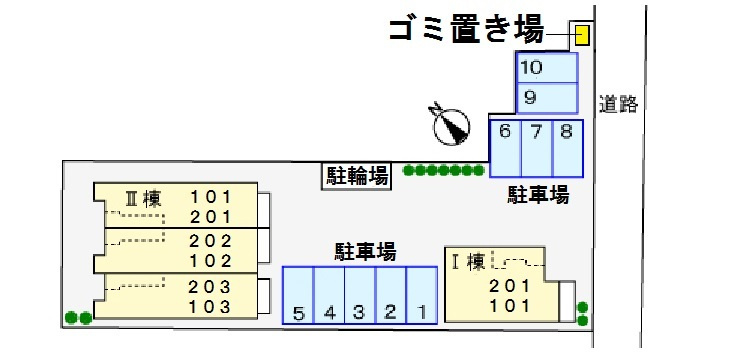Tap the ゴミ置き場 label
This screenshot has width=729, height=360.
coord(465,31)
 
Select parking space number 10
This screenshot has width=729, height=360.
coord(546,68)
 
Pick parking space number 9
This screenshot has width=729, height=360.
coord(546,98)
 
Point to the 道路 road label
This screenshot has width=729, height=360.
coord(618,103)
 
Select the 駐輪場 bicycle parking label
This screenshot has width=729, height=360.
coord(357,176)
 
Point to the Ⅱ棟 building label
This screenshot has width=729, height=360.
coord(142,197)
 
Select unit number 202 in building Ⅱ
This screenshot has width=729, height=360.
coord(211,240)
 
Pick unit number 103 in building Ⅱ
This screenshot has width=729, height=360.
coord(211,306)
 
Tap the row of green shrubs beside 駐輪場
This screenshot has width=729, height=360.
coord(444,171)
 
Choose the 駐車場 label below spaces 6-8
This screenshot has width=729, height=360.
coord(537,195)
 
